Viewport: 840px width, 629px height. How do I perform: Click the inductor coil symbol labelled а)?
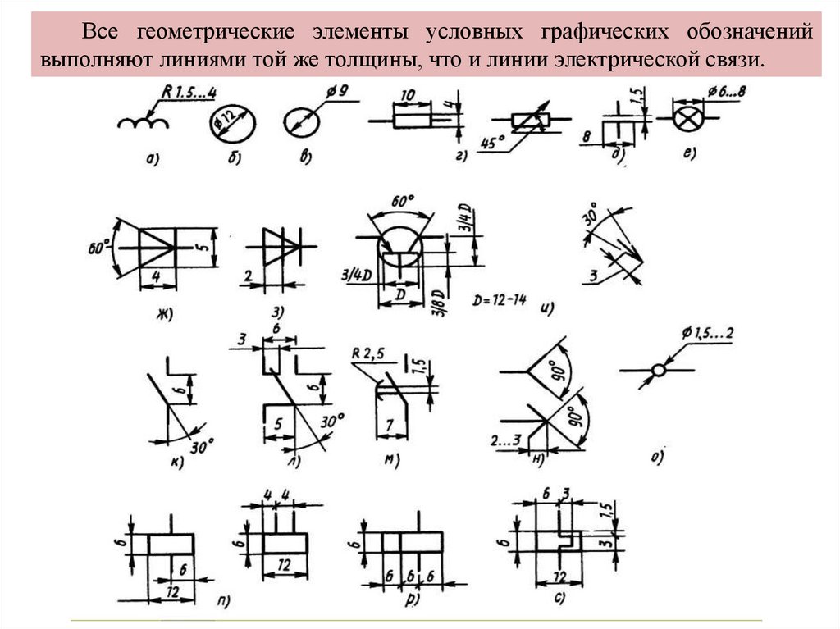[x=143, y=123]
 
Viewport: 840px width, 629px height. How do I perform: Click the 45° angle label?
[x=492, y=143]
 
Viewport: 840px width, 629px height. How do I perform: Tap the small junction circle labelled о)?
[x=658, y=371]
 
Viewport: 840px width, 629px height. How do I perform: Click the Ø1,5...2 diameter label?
[x=706, y=334]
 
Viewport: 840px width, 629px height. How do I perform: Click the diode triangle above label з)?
[x=276, y=244]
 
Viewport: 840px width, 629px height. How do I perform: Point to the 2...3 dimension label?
[x=508, y=440]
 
